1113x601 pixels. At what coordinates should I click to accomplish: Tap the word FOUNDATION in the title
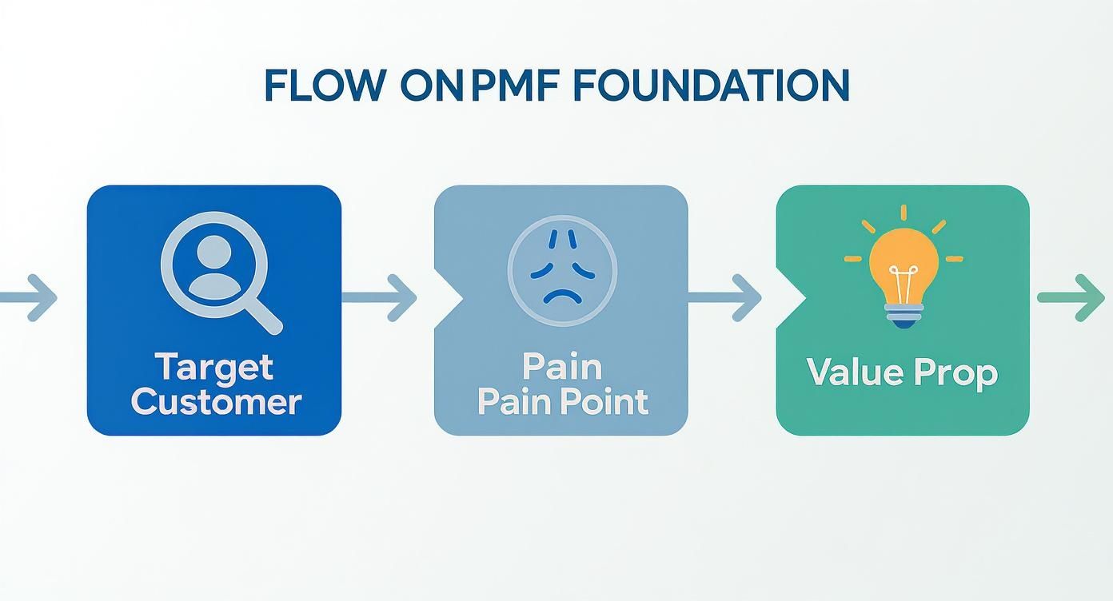click(712, 86)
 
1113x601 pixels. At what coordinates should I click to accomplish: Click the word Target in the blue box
click(214, 367)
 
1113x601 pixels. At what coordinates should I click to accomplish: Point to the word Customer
click(216, 401)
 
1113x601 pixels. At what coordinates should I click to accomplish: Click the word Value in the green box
click(851, 372)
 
